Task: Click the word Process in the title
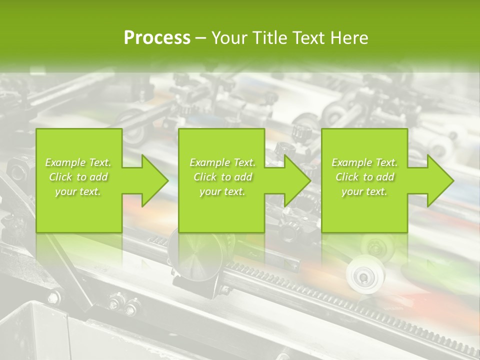click(x=157, y=38)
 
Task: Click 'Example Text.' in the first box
click(x=78, y=162)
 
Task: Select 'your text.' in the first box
click(x=78, y=191)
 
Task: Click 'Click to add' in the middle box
click(x=222, y=177)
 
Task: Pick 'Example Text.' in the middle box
click(x=222, y=162)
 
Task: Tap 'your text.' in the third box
click(x=364, y=191)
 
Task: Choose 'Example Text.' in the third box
click(x=364, y=162)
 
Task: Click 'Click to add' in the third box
click(x=364, y=177)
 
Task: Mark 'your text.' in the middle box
click(x=222, y=191)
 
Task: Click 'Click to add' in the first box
click(x=78, y=177)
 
